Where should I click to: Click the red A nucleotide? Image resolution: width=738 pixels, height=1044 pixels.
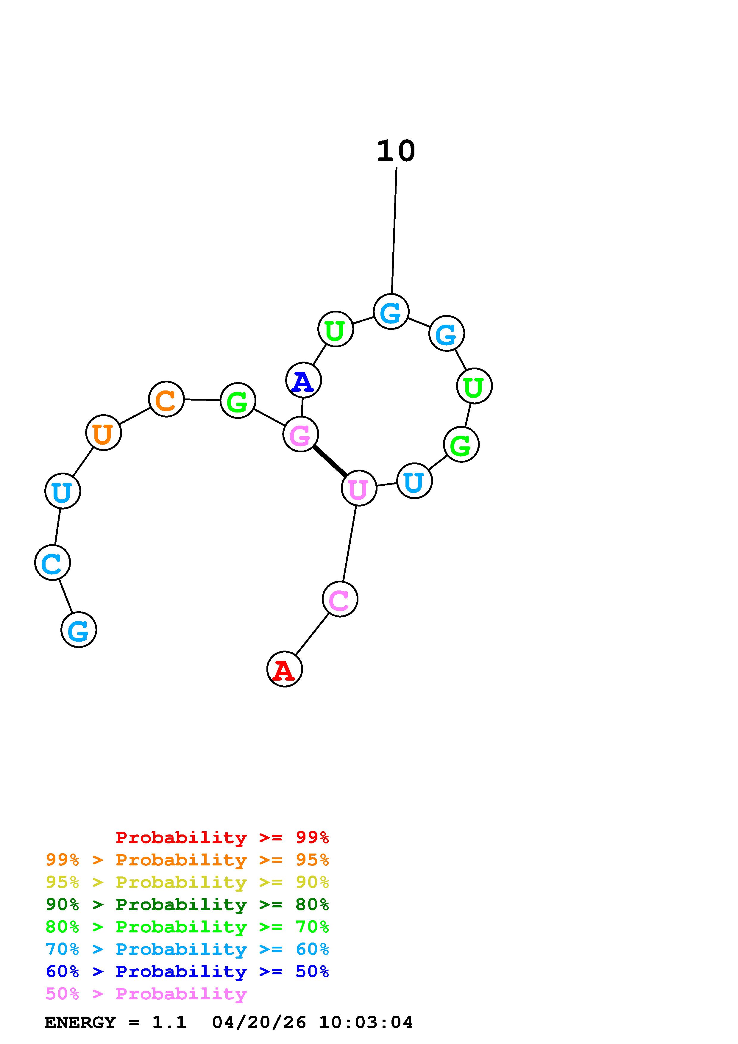(x=284, y=669)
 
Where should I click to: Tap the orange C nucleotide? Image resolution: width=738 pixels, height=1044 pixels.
(x=166, y=399)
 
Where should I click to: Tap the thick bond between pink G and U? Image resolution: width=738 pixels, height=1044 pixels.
(x=330, y=461)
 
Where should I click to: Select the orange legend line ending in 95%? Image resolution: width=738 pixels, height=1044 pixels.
(x=187, y=860)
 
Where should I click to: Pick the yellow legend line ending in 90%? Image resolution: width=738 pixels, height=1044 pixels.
(x=187, y=882)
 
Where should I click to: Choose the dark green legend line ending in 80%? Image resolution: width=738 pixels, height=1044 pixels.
(x=187, y=904)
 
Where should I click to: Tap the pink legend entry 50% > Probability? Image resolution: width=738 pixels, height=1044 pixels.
(x=146, y=994)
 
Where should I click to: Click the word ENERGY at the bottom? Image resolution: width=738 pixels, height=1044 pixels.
(x=80, y=1023)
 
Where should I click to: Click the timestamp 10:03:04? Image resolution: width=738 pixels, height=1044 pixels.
(x=366, y=1023)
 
